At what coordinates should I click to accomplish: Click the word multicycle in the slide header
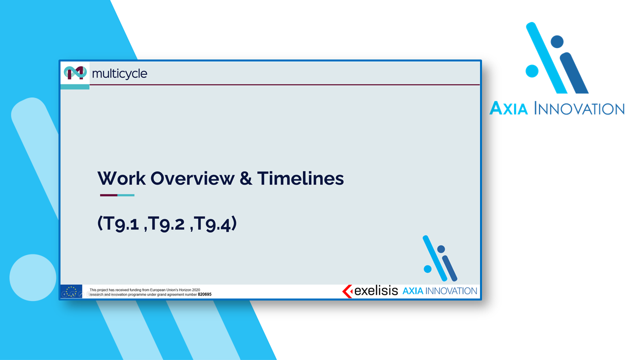coord(119,73)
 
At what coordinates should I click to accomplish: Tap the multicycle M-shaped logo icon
coord(75,72)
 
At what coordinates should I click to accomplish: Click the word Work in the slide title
coord(121,178)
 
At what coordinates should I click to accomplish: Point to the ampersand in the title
coord(245,178)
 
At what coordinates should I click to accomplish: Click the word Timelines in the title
coord(300,178)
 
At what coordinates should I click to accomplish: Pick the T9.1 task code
coord(120,223)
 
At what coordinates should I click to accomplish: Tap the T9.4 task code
coord(212,223)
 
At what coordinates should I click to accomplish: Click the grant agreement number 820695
coord(204,294)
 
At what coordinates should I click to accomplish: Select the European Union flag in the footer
coord(71,291)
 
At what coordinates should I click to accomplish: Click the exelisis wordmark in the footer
coord(376,291)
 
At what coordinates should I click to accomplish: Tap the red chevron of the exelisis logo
coord(347,291)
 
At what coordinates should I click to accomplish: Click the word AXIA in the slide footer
coord(413,291)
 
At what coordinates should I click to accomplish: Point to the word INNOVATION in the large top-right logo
coord(579,109)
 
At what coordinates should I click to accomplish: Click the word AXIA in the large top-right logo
coord(508,108)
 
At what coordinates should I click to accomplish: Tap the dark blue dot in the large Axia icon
coord(557,41)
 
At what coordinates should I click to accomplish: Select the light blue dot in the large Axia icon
coord(532,71)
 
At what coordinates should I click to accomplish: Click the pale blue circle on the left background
coord(33,277)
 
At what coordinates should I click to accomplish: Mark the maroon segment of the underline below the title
coord(108,195)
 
